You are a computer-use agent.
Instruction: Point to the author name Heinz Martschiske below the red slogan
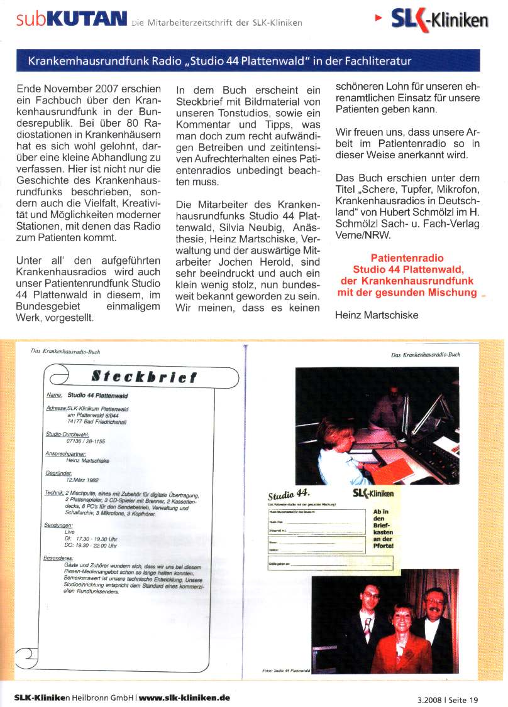pos(377,315)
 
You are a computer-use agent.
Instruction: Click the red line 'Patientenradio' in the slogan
pos(407,258)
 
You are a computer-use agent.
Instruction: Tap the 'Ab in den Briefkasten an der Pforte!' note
pos(383,528)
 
